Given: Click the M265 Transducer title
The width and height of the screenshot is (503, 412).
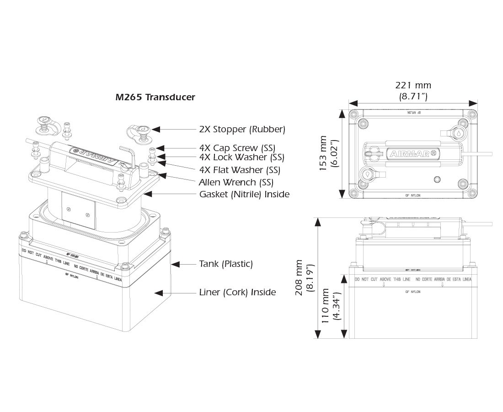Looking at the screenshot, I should (x=155, y=97).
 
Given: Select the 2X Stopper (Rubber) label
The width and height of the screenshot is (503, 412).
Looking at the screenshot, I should (x=242, y=130).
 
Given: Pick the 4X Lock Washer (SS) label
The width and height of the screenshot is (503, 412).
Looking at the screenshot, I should (x=241, y=157).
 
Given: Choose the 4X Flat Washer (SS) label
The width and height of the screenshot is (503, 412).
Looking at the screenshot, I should (x=241, y=170).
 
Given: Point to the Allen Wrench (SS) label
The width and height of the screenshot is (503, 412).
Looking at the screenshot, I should (x=236, y=182).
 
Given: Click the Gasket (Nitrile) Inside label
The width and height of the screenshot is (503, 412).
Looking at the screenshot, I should (x=244, y=194).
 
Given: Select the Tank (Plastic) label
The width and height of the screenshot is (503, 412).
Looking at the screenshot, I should (x=226, y=264).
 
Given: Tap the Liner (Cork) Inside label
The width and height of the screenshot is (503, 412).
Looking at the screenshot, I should (x=237, y=292).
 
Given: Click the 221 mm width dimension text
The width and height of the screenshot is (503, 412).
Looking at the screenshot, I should (x=413, y=86).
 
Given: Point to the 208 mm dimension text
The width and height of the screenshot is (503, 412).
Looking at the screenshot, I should (x=300, y=278).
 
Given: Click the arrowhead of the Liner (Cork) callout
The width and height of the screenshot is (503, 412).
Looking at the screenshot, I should (x=157, y=292).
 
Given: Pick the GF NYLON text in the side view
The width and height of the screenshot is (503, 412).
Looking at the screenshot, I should (x=413, y=292).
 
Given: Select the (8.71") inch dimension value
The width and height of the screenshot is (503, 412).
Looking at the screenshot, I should (x=413, y=96).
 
